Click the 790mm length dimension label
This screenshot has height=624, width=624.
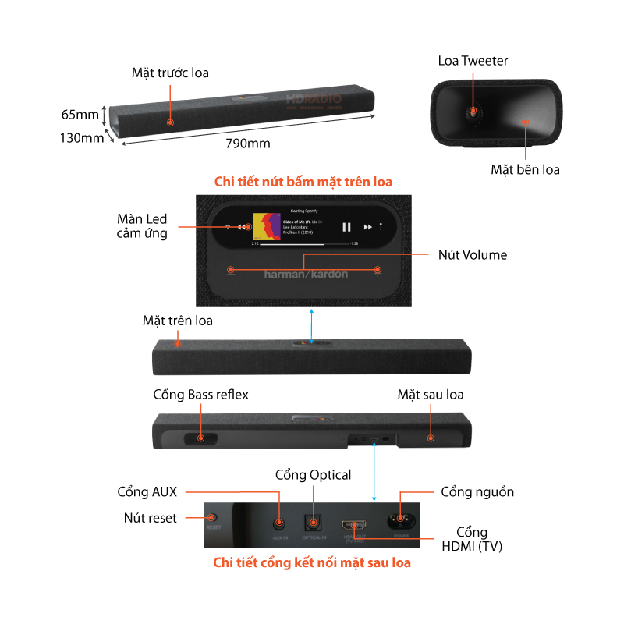pyautogui.click(x=248, y=144)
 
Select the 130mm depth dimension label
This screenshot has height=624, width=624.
pyautogui.click(x=82, y=138)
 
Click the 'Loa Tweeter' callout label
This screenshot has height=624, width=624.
pyautogui.click(x=473, y=61)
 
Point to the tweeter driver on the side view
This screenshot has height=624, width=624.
pyautogui.click(x=472, y=112)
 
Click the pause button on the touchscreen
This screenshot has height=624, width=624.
pyautogui.click(x=346, y=227)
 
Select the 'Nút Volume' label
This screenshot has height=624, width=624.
pyautogui.click(x=471, y=254)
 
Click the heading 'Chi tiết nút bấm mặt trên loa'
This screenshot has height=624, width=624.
pyautogui.click(x=303, y=182)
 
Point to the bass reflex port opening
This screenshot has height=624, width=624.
pyautogui.click(x=201, y=438)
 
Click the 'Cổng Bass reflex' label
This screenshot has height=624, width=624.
pyautogui.click(x=200, y=395)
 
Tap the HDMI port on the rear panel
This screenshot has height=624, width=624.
pyautogui.click(x=355, y=526)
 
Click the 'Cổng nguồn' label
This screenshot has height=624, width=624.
pyautogui.click(x=477, y=492)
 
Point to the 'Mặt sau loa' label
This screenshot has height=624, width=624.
pyautogui.click(x=431, y=395)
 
